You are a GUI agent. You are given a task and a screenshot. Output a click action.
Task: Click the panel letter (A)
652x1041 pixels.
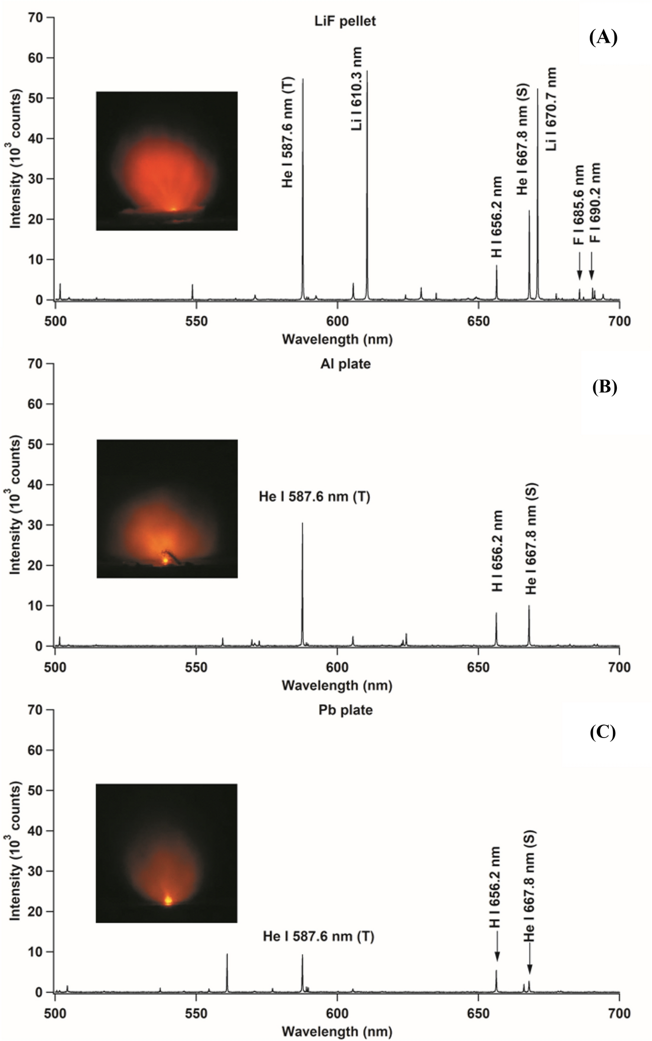tap(603, 38)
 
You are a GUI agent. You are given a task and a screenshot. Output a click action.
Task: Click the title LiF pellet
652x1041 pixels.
tap(345, 22)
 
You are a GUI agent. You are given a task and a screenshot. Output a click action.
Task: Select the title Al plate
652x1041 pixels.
tap(346, 364)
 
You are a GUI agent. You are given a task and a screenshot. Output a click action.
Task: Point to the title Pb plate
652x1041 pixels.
tap(346, 710)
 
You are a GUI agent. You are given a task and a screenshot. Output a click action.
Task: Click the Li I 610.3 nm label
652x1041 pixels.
tap(356, 89)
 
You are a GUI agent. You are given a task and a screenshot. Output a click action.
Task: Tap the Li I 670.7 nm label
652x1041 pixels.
tap(551, 109)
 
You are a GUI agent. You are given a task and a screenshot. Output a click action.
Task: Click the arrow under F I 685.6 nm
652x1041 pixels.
tap(579, 266)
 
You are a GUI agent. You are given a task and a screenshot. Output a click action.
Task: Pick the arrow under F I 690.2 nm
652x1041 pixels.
tap(591, 266)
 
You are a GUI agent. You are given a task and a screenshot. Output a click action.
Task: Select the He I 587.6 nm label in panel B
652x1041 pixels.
tap(314, 497)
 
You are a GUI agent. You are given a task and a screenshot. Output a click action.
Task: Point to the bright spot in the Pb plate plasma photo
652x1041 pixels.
tap(168, 900)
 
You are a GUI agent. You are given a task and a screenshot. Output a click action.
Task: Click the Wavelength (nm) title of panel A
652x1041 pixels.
tap(337, 339)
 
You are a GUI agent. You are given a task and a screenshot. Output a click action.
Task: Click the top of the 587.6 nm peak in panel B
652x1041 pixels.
tap(302, 524)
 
